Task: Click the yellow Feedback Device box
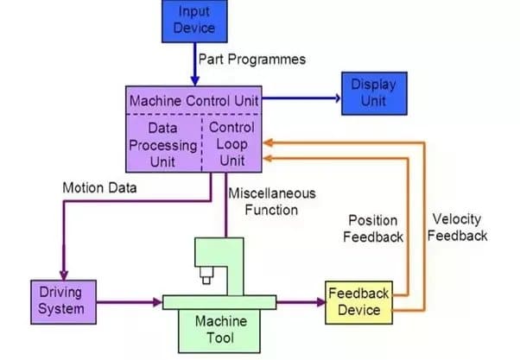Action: point(358,301)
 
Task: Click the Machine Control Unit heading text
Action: point(193,101)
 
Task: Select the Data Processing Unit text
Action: point(163,143)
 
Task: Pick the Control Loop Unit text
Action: point(231,143)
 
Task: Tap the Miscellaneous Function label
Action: point(271,201)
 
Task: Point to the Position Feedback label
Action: point(375,228)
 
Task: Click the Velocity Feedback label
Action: point(458,227)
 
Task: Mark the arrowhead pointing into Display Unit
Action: point(336,98)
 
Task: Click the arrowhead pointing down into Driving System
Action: point(61,272)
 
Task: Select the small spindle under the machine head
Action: point(206,277)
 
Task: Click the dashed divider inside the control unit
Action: point(203,143)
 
